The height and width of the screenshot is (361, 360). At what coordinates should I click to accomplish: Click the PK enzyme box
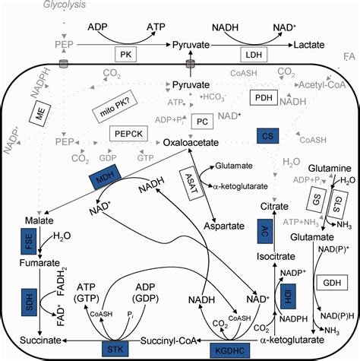pyautogui.click(x=127, y=55)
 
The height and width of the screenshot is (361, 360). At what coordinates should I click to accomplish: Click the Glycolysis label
pyautogui.click(x=26, y=6)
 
